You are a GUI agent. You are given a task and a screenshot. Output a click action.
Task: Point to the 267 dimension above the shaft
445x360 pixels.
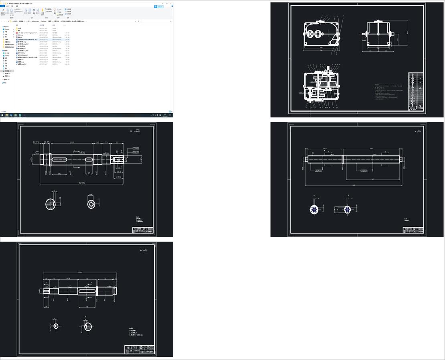pos(72,142)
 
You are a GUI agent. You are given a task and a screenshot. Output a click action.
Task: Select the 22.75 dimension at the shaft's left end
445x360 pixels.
pos(36,142)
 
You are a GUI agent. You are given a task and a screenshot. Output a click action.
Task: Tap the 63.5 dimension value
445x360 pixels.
pos(119,176)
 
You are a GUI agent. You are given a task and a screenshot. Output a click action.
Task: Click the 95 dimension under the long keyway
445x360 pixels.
pos(59,173)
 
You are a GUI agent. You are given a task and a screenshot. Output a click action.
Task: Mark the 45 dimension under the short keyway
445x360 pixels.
pos(89,173)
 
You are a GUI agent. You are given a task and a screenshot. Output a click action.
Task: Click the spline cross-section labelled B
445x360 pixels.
pos(348,209)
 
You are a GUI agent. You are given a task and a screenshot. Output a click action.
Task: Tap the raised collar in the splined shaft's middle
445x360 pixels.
pos(344,159)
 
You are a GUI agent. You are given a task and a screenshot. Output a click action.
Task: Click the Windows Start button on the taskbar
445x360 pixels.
pos(2,115)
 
